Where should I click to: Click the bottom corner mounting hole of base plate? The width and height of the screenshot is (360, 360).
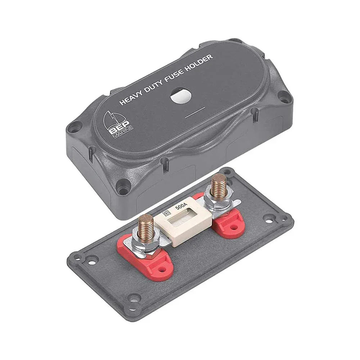click(135, 298)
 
